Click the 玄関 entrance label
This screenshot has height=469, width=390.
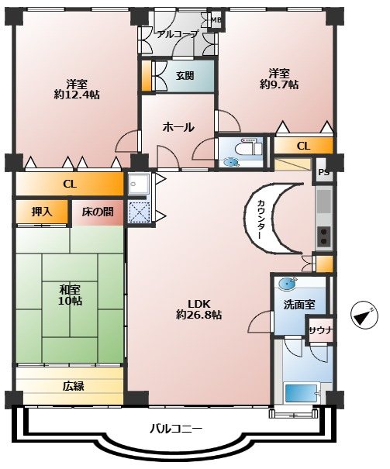point(185,76)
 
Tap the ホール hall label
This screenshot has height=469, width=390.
point(178,127)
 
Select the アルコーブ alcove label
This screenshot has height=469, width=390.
point(177,34)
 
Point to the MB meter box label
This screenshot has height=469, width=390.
point(216,20)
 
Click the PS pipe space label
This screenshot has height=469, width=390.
point(323,173)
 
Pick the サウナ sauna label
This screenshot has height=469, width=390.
point(321,330)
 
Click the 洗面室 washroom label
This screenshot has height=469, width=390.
point(299,305)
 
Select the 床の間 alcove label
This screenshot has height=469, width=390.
point(98,212)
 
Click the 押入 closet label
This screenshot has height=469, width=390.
point(42,212)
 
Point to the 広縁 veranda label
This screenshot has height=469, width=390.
point(74,387)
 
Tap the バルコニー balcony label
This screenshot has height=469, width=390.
point(176,429)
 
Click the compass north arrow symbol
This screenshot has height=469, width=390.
point(364,316)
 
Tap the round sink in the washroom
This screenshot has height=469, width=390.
point(288,283)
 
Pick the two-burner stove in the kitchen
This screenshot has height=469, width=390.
point(324,236)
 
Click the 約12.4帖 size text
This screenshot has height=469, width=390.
point(77,95)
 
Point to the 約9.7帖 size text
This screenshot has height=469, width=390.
point(279,84)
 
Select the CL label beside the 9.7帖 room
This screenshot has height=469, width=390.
point(303,146)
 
